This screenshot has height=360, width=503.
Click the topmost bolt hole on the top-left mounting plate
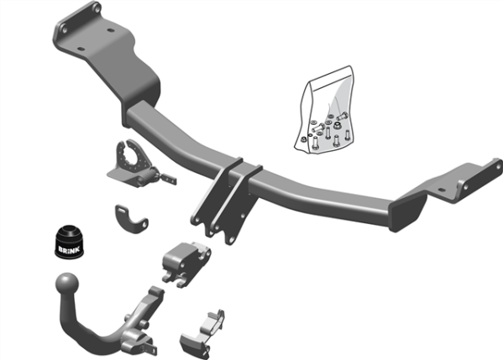(x=95, y=9)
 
